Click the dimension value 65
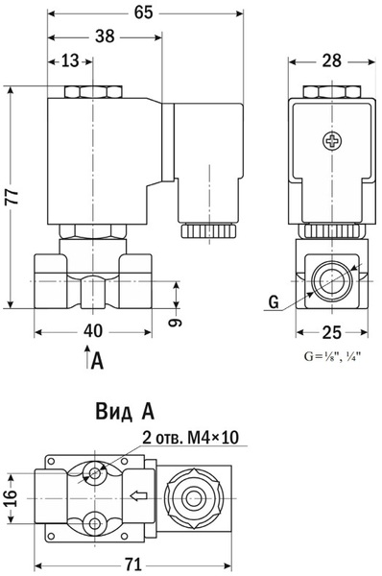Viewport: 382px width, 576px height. tap(143, 12)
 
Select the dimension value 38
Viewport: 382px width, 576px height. tap(105, 36)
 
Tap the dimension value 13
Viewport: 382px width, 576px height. tap(70, 60)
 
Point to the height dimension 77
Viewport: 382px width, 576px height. tap(12, 197)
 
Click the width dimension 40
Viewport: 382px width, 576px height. tap(93, 331)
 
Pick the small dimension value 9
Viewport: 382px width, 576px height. tap(175, 323)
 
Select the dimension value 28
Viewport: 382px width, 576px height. tap(332, 60)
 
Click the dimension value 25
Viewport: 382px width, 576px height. tap(332, 332)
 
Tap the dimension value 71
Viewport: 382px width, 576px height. tap(133, 564)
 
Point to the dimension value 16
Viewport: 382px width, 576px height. tap(11, 497)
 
